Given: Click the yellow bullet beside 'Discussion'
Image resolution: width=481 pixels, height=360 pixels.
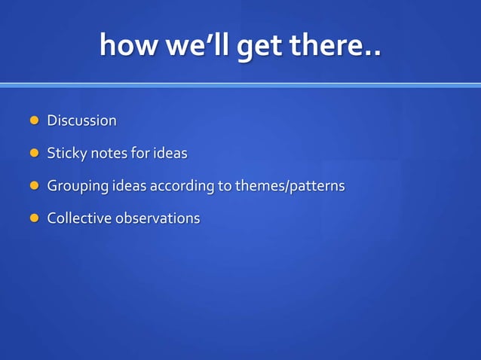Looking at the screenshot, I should point(33,121).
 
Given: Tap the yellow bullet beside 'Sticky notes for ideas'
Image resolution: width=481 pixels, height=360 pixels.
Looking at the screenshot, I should point(33,153).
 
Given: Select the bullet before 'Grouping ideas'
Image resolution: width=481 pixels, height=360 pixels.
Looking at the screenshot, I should point(33,185).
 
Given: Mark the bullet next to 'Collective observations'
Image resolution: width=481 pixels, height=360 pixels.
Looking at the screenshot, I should point(33,218).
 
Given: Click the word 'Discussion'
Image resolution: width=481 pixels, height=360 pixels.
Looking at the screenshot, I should point(81,121).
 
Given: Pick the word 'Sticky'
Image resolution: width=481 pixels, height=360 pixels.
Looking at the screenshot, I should point(67,154).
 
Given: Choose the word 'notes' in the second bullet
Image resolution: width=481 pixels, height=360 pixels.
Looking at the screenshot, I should point(109,154).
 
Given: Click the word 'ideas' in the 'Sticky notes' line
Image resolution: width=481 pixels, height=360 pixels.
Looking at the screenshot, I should point(170,153).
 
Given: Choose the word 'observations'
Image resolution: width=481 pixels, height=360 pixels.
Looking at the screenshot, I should point(158,218).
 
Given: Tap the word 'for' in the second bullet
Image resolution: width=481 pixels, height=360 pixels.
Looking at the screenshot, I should point(140,153).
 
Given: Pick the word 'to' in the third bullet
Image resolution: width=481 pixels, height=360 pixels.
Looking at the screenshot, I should point(225,186).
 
